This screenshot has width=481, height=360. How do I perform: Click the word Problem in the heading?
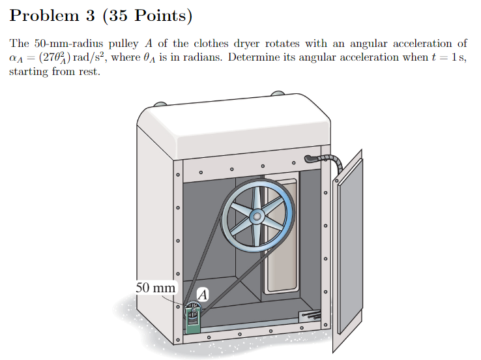coord(40,16)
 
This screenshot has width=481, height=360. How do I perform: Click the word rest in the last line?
coord(88,71)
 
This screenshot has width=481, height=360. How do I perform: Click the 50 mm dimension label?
coord(155,288)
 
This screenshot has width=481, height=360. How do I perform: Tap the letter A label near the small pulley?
coord(202,295)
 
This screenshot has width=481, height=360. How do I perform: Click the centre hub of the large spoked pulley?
coord(257,215)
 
